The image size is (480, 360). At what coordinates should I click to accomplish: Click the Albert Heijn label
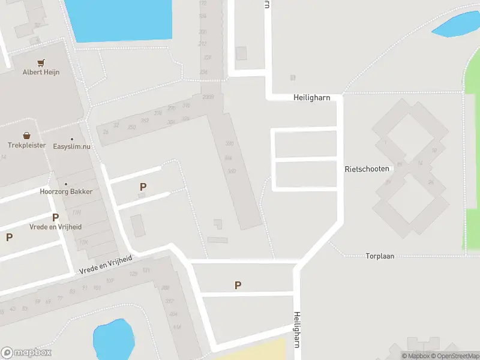(x=41, y=72)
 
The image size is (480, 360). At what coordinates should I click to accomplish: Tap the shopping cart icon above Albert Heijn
(x=41, y=62)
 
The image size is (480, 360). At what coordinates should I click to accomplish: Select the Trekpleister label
(x=26, y=145)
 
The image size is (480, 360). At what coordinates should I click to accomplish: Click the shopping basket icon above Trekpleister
(x=26, y=136)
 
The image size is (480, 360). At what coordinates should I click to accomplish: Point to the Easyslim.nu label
(x=72, y=145)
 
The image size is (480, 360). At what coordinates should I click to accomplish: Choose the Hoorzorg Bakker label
(x=66, y=191)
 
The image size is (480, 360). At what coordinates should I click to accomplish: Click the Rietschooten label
(x=367, y=169)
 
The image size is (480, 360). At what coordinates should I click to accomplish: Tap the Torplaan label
(x=380, y=256)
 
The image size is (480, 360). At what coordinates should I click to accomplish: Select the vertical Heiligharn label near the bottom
(x=296, y=329)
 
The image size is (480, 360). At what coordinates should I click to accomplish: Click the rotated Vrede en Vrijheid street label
(x=106, y=265)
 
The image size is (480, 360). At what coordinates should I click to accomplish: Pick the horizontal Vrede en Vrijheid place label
(x=55, y=227)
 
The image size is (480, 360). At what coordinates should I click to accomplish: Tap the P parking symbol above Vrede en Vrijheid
(x=55, y=217)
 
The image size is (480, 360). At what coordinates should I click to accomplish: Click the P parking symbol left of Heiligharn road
(x=238, y=286)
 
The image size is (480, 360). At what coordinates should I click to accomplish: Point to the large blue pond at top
(x=118, y=19)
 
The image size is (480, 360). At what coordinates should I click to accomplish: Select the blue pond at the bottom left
(x=112, y=338)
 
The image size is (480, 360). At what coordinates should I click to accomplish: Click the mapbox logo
(x=26, y=353)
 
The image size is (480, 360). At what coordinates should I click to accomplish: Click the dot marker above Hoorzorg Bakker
(x=66, y=184)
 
